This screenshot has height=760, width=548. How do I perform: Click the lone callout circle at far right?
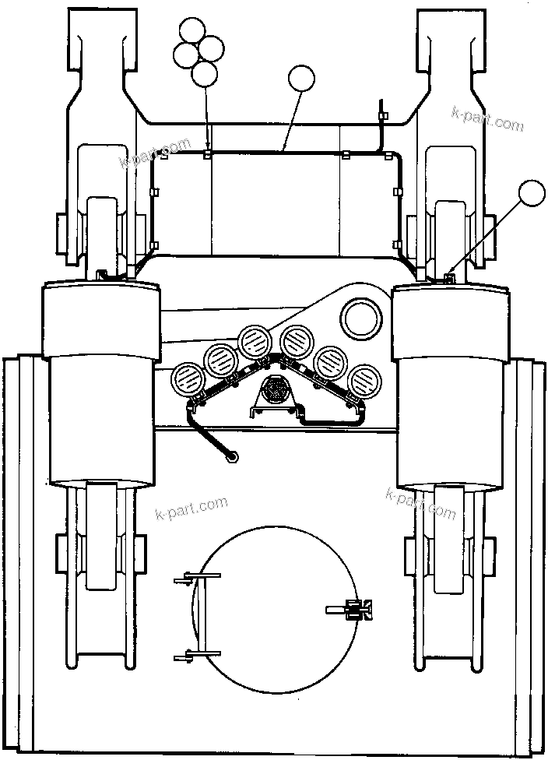(x=532, y=194)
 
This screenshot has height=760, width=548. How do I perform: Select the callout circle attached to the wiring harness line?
(x=302, y=80)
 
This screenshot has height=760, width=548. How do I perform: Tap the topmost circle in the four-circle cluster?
(x=192, y=31)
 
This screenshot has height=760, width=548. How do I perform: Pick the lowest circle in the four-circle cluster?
(x=204, y=74)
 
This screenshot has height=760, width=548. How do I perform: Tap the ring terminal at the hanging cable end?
(x=230, y=457)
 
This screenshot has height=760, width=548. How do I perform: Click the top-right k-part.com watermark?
(x=487, y=118)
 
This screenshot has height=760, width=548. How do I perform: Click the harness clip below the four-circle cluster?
(x=207, y=153)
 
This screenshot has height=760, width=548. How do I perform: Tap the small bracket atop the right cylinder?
(x=448, y=277)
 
